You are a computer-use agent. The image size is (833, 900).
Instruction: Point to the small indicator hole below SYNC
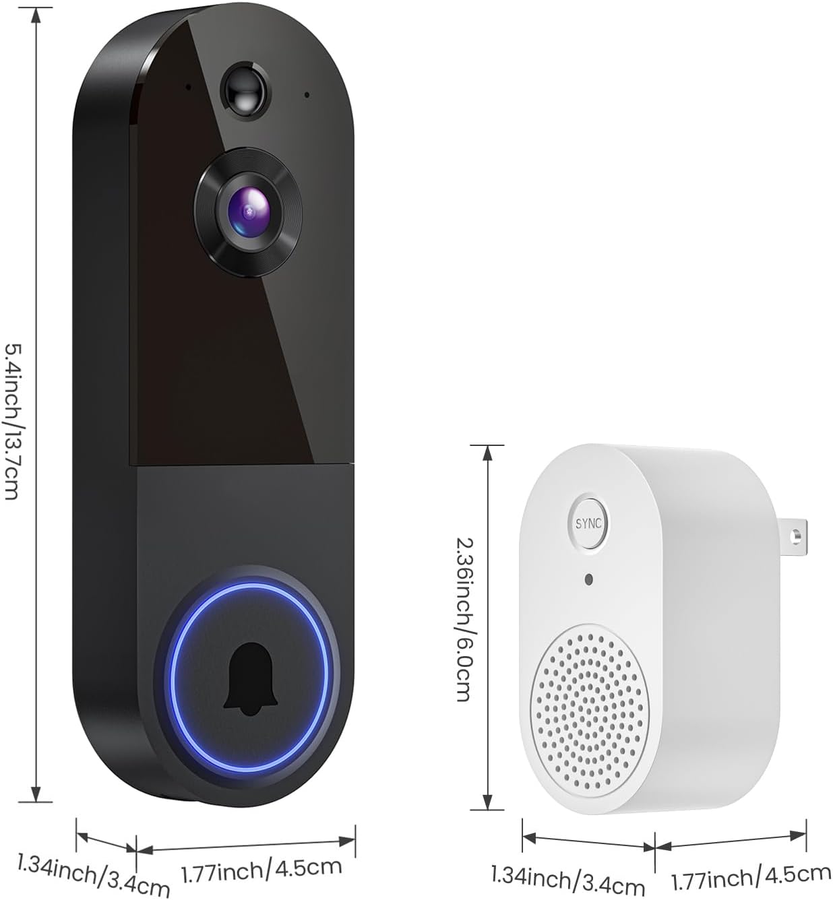[590, 579]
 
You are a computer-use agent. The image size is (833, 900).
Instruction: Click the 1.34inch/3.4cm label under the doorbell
[93, 875]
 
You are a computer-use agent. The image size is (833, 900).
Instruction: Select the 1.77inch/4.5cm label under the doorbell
[261, 870]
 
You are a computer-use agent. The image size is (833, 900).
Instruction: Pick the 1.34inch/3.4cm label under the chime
[568, 879]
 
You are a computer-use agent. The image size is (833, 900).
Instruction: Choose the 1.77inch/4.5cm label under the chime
[751, 876]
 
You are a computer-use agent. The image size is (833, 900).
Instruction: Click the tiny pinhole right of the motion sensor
[307, 95]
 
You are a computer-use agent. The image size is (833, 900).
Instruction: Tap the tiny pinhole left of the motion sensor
[188, 86]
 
